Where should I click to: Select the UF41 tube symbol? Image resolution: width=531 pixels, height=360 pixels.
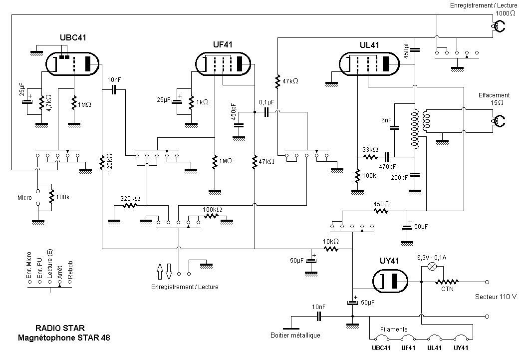pos(224,64)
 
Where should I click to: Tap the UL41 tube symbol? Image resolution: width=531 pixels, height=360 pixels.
pos(369,63)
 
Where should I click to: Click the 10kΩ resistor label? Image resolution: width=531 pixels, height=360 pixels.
pos(330,241)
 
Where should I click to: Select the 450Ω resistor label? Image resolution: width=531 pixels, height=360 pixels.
pos(381,204)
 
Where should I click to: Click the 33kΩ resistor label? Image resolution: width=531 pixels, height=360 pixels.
pos(370,149)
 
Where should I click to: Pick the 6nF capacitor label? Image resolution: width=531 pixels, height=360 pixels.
pos(386,120)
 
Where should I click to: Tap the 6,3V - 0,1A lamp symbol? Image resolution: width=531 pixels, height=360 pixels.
pos(433,267)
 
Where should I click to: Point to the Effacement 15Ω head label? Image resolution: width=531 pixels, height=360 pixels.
pos(494,98)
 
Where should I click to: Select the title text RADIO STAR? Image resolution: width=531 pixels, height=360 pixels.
pos(60,328)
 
